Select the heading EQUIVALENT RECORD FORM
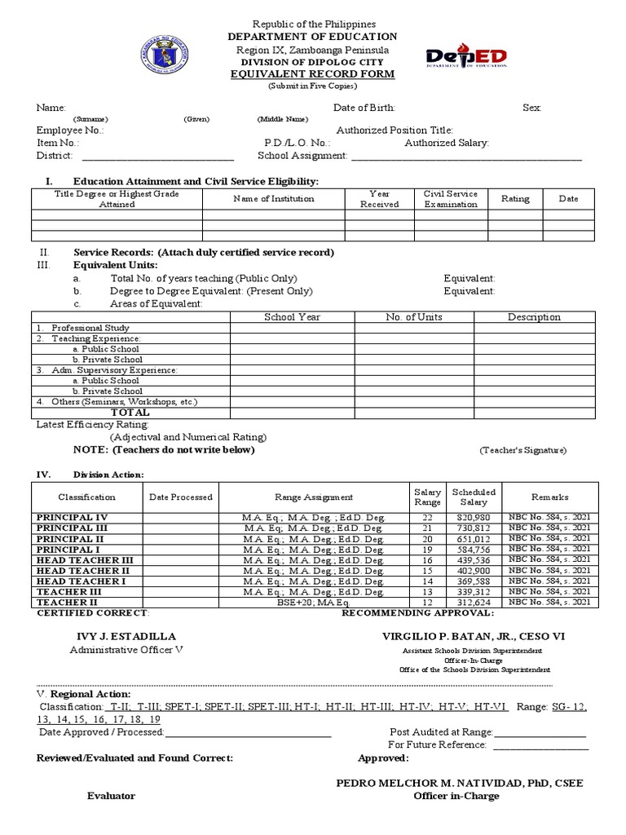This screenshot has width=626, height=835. tap(314, 74)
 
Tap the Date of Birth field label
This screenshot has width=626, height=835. tap(364, 107)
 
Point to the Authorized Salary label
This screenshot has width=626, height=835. tap(447, 143)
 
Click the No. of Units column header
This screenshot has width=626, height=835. tap(413, 317)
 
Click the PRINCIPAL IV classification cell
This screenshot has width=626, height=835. tap(71, 518)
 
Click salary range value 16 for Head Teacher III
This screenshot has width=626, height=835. tap(428, 561)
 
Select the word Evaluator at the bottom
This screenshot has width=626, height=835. tap(111, 796)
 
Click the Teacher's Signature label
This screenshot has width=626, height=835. tap(522, 450)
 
